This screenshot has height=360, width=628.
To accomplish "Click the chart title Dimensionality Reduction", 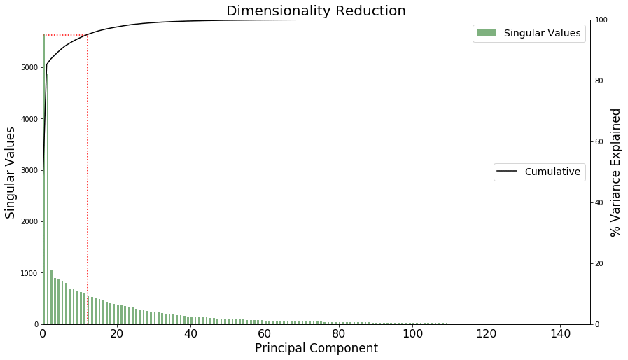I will pos(315,11).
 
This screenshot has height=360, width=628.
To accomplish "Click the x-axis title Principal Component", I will pos(316,348).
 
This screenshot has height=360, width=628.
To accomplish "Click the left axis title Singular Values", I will pos(11,172).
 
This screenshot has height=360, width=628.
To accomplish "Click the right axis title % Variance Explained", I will pos(616,172).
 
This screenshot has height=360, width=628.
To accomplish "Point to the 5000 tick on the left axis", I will pos(31,68).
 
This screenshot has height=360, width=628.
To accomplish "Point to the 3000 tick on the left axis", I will pos(31,170).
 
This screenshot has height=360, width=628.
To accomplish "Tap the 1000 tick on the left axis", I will pos(31,273).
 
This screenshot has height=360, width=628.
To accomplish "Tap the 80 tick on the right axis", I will pos(599,81).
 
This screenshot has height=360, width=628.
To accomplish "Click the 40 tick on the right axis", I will pos(599,202).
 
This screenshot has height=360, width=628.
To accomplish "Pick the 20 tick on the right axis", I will pos(599,263).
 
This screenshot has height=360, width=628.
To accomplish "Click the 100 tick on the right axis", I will pos(601,20).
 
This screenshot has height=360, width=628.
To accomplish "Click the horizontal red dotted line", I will pos(66,35).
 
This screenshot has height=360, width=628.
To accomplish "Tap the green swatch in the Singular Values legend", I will pos(487,33).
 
